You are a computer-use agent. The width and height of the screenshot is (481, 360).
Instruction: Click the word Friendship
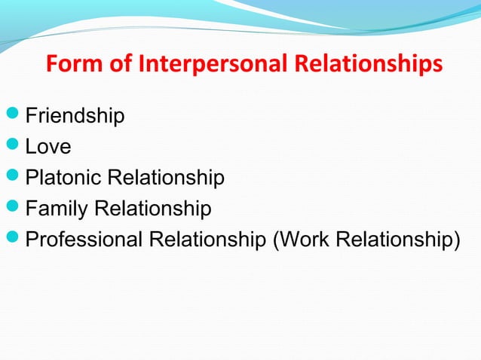click(x=75, y=116)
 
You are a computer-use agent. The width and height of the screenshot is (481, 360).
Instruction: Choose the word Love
click(x=48, y=148)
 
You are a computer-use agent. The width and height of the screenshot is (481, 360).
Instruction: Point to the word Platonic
click(x=65, y=178)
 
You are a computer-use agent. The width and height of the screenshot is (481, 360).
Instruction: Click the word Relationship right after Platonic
click(x=167, y=178)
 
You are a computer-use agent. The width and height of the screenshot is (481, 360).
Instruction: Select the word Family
click(x=55, y=209)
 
